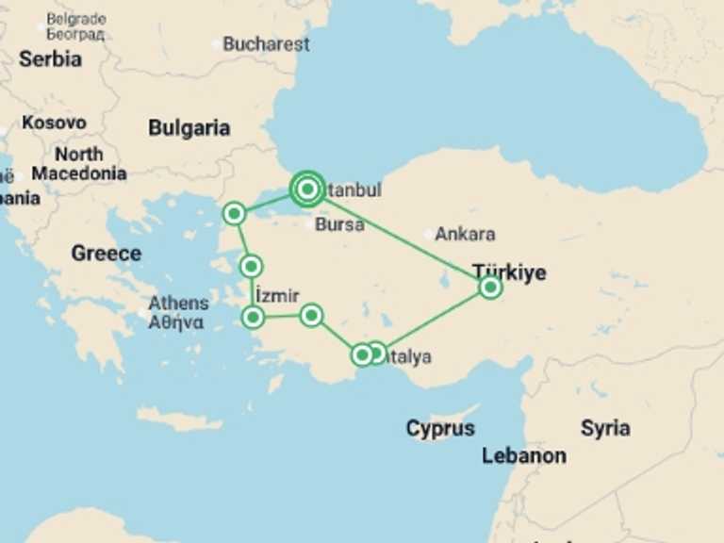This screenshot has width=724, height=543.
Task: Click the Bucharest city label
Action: coord(266,44)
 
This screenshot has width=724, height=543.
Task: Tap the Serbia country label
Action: coord(50,58)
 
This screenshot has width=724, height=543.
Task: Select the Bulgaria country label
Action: coord(189,128)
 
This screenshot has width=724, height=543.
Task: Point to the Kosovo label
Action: coord(54,123)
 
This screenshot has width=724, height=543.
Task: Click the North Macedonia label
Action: coord(78,164)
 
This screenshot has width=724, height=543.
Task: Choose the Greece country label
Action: coord(106,253)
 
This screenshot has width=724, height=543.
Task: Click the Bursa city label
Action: coord(339,224)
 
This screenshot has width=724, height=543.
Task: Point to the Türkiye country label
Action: coord(509,271)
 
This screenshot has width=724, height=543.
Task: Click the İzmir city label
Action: coord(277,296)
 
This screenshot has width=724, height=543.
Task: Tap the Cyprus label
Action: coord(440,429)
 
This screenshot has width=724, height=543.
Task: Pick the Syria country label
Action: coord(604,428)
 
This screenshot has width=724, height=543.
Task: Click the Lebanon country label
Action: coord(523,456)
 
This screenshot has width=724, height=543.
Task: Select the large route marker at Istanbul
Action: coord(307,189)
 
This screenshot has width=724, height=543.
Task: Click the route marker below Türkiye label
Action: coord(489,287)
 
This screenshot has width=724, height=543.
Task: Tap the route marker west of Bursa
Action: coord(235,214)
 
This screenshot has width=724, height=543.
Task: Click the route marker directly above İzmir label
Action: coord(251,266)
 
